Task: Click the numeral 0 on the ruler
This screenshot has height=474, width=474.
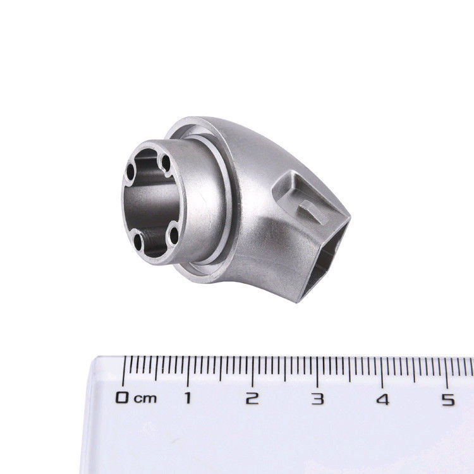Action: [122, 398]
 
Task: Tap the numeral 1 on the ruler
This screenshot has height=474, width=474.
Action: [188, 398]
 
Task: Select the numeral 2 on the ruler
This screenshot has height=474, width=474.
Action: [252, 398]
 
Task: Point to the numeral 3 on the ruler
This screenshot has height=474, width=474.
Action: [318, 399]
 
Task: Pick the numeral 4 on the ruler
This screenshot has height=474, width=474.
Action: [383, 399]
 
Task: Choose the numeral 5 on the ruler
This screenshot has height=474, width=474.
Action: [448, 400]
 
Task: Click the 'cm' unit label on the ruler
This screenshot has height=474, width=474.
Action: [145, 399]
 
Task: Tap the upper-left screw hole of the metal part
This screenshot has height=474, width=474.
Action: [130, 172]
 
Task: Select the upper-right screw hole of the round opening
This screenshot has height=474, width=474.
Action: [166, 163]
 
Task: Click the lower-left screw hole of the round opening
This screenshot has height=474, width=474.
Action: [138, 243]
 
